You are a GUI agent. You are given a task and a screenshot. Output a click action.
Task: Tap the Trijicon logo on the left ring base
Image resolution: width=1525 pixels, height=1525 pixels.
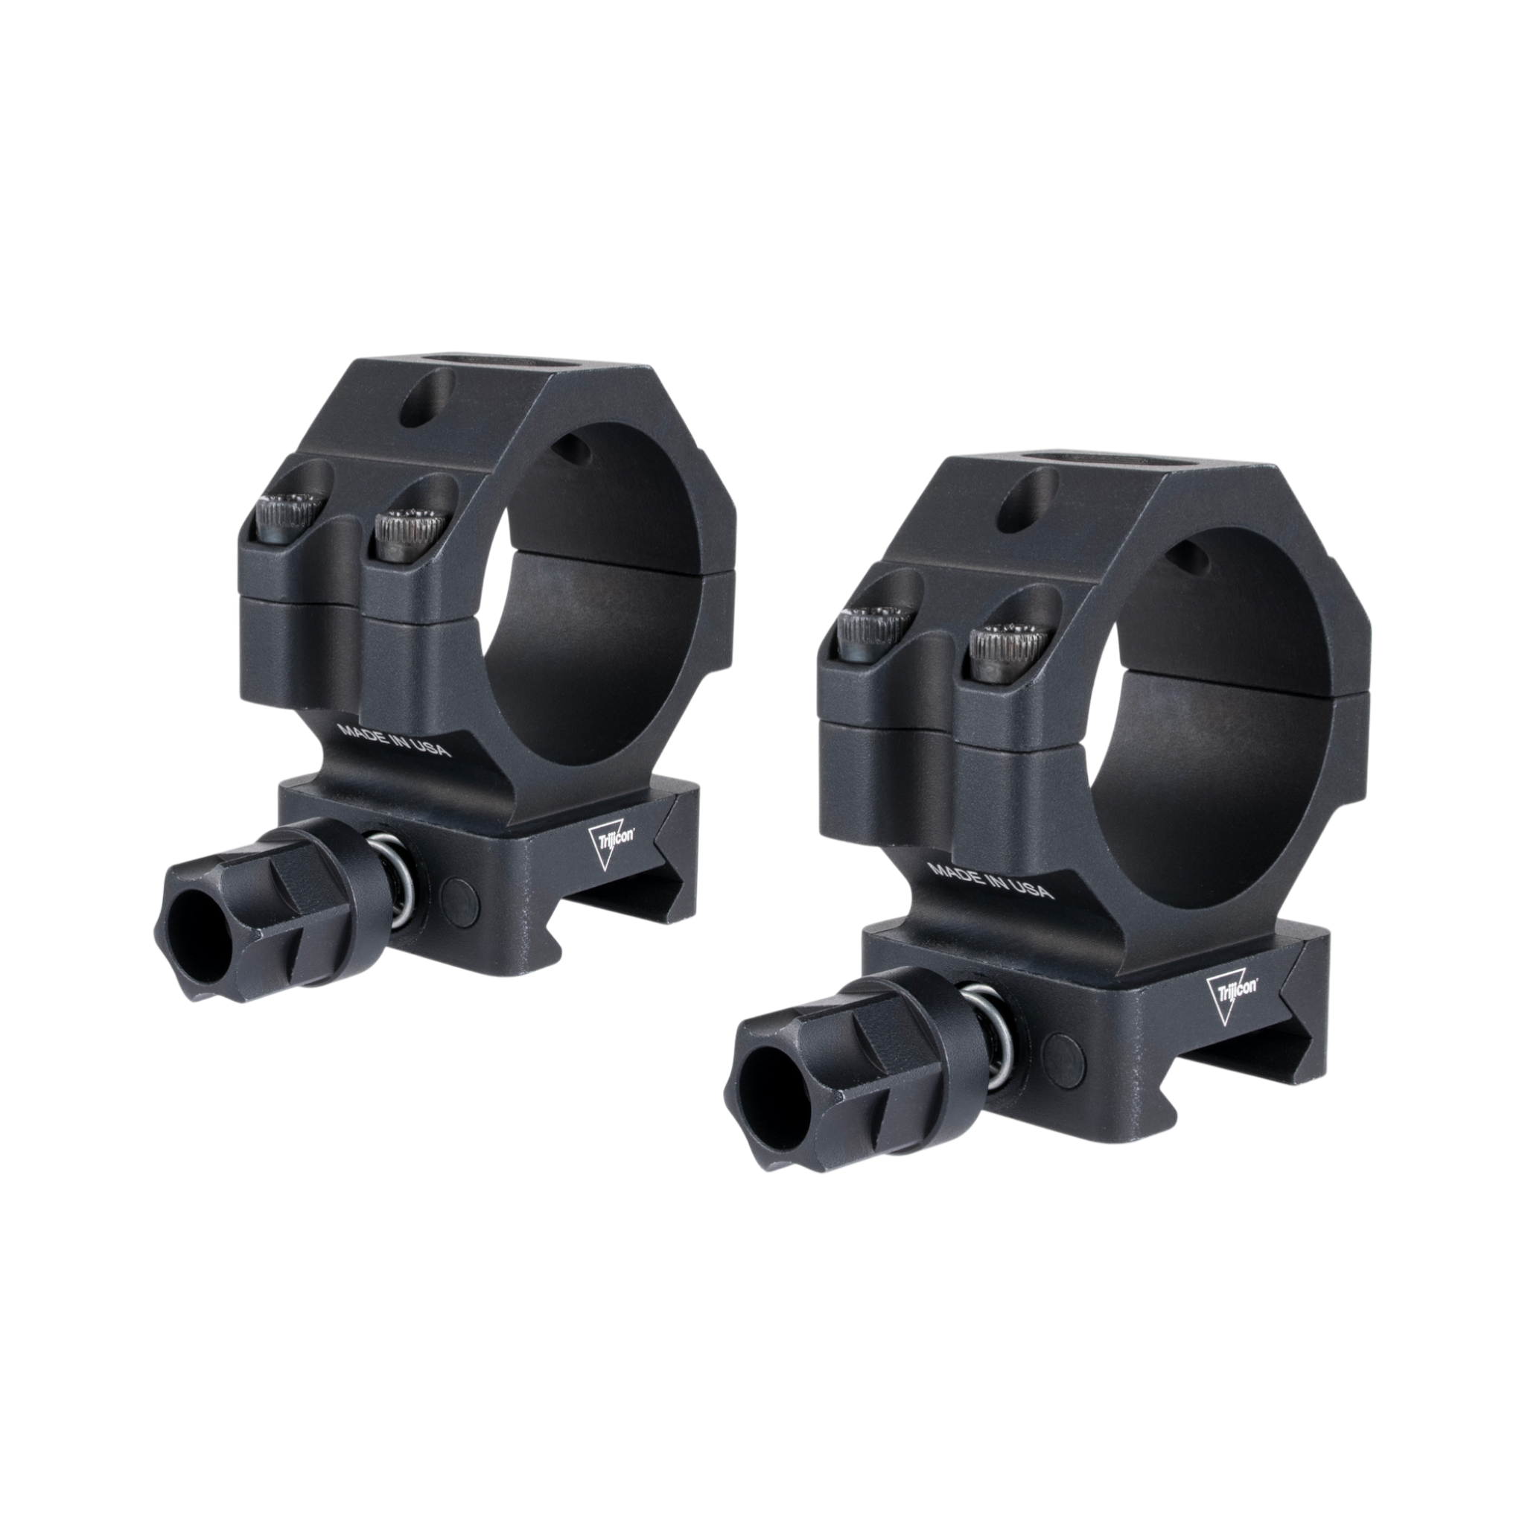pyautogui.click(x=608, y=837)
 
